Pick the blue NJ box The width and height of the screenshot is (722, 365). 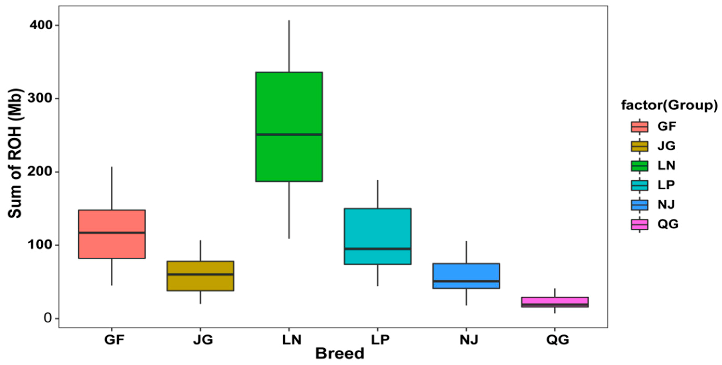(x=466, y=272)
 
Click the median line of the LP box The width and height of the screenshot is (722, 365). (x=378, y=249)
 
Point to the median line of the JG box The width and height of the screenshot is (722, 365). (x=200, y=274)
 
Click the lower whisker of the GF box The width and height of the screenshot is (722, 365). (x=112, y=272)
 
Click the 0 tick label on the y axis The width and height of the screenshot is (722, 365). (x=48, y=318)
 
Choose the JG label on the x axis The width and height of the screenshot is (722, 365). (x=203, y=340)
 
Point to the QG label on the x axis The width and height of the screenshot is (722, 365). (x=558, y=340)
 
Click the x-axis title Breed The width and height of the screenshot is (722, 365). (x=340, y=354)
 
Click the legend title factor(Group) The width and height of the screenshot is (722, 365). (x=669, y=105)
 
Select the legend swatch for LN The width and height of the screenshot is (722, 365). (x=639, y=166)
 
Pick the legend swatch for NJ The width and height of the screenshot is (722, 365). (x=639, y=205)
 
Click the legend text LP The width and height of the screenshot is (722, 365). (x=666, y=185)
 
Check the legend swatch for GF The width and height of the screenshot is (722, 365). (x=639, y=127)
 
